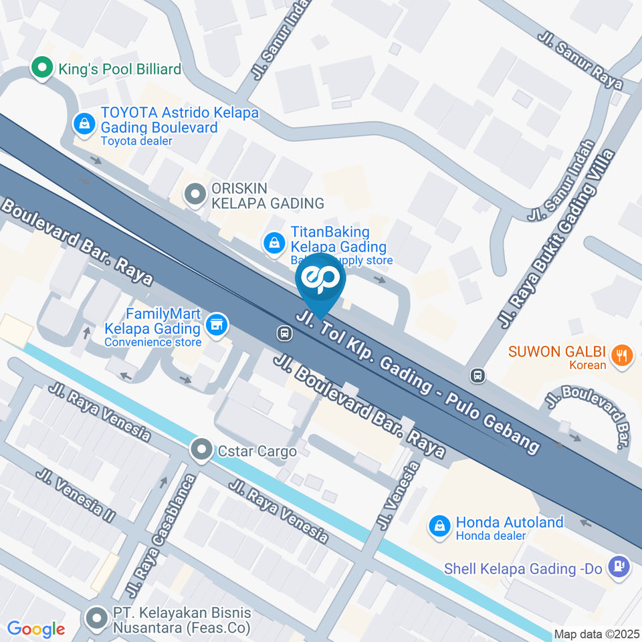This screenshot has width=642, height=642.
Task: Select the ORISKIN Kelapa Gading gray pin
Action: [195, 195]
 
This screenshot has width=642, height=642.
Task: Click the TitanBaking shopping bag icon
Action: [274, 243]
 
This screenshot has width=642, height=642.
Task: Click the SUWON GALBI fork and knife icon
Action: [622, 355]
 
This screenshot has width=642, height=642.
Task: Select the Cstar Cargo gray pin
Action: [201, 451]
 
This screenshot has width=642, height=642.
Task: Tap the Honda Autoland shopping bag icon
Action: [439, 525]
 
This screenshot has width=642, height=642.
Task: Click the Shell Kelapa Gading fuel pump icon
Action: [620, 566]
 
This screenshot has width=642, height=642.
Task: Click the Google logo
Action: [35, 629]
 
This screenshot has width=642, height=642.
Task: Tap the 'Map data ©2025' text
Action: [597, 634]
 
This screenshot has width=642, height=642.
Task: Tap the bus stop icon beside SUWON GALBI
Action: [477, 375]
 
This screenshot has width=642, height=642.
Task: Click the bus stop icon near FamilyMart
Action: [285, 332]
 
